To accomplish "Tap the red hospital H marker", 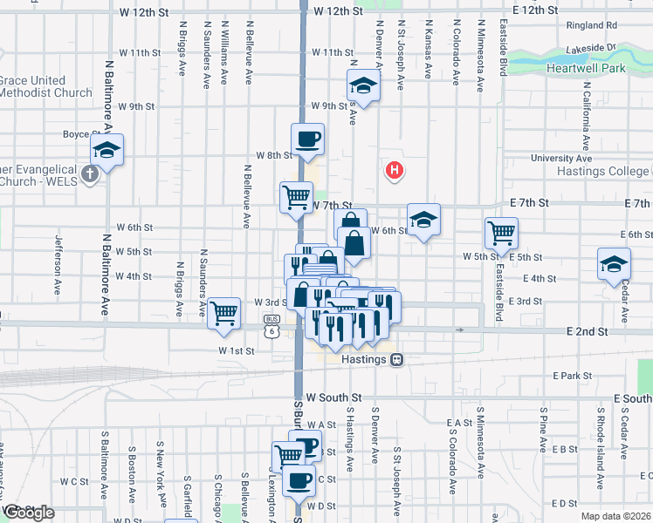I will pos(395,171).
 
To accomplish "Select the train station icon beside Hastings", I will pos(396,358).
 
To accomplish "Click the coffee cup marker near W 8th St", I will pos(307,139).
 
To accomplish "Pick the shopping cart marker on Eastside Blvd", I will pos(502,232).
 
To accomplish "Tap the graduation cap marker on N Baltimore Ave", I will pos(107,149).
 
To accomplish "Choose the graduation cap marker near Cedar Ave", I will pos(614,264).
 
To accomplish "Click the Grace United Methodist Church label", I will pos(45,86).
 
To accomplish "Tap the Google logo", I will pos(28,513).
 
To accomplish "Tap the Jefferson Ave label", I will pos(58,253).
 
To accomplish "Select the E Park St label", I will pos(573,376).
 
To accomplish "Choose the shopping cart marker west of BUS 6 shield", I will pos(225,312).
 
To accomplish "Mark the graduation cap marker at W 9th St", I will pos(362,86).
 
